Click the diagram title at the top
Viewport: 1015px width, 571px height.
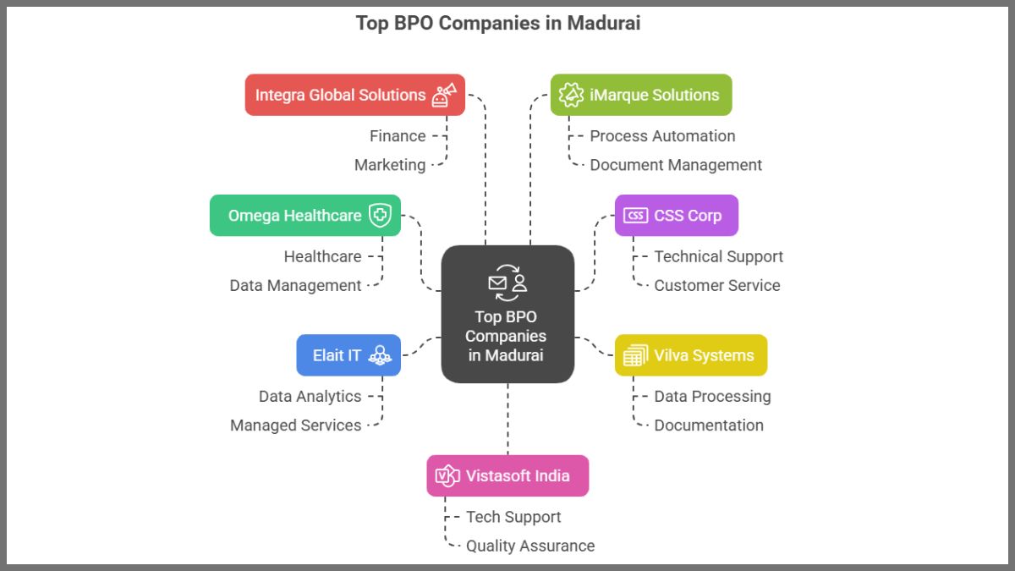[x=497, y=23]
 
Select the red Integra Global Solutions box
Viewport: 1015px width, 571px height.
[x=354, y=95]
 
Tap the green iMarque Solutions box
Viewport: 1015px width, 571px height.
[x=640, y=95]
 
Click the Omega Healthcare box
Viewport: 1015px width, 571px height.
[x=304, y=216]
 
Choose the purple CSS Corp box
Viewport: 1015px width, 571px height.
[x=676, y=216]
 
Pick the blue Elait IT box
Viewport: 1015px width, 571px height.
[x=348, y=355]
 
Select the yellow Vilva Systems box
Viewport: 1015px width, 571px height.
[x=690, y=355]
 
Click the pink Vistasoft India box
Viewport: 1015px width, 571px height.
[x=507, y=475]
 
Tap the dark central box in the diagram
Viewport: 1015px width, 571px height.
[x=507, y=314]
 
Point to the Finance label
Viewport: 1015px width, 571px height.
[x=398, y=136]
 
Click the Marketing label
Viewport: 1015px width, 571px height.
[x=390, y=165]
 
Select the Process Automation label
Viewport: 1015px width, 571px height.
[x=662, y=136]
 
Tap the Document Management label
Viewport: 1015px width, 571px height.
[x=676, y=165]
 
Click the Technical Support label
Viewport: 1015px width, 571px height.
[x=718, y=256]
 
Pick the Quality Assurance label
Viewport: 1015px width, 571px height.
[x=530, y=546]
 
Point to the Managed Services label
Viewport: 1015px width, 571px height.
[x=295, y=426]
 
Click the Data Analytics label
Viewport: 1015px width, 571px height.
[x=310, y=397]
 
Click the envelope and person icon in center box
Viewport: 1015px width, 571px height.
[x=507, y=283]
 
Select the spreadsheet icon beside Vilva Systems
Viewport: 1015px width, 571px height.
[x=635, y=355]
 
